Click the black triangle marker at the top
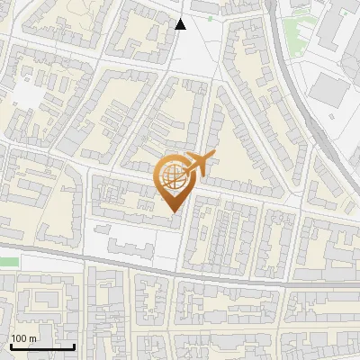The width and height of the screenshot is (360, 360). tap(181, 24)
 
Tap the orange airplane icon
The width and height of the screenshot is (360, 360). tap(196, 164)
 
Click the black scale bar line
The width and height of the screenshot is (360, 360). tap(42, 346)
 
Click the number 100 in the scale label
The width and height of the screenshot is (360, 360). tap(20, 338)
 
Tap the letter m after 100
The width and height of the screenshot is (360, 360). tap(33, 338)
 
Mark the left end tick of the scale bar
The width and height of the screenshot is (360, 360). tap(11, 345)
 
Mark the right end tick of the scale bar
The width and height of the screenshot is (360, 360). tap(74, 345)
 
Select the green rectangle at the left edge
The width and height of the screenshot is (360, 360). tap(8, 261)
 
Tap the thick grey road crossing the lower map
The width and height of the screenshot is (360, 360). tap(180, 273)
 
